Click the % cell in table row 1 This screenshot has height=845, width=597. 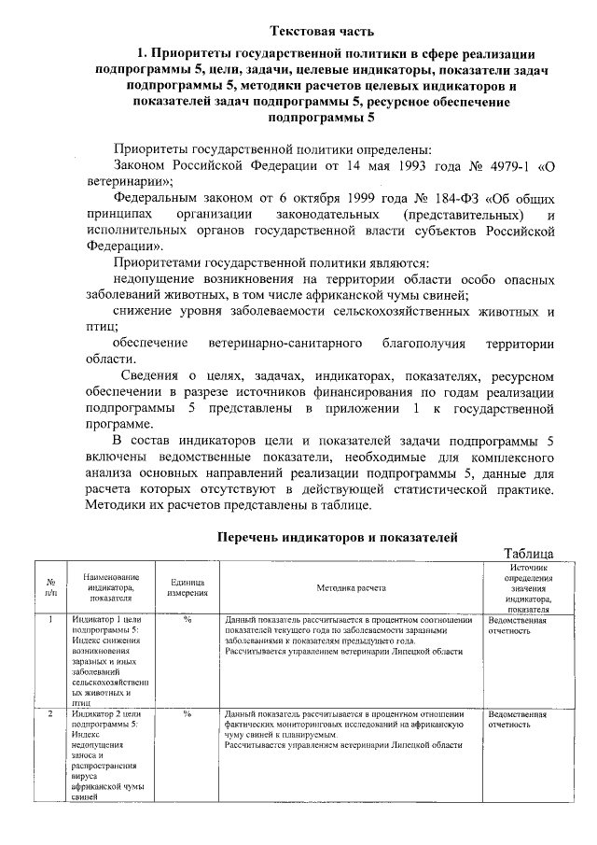[x=187, y=620]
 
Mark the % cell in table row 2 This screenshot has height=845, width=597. [x=187, y=714]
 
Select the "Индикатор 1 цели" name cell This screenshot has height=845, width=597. [x=105, y=620]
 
